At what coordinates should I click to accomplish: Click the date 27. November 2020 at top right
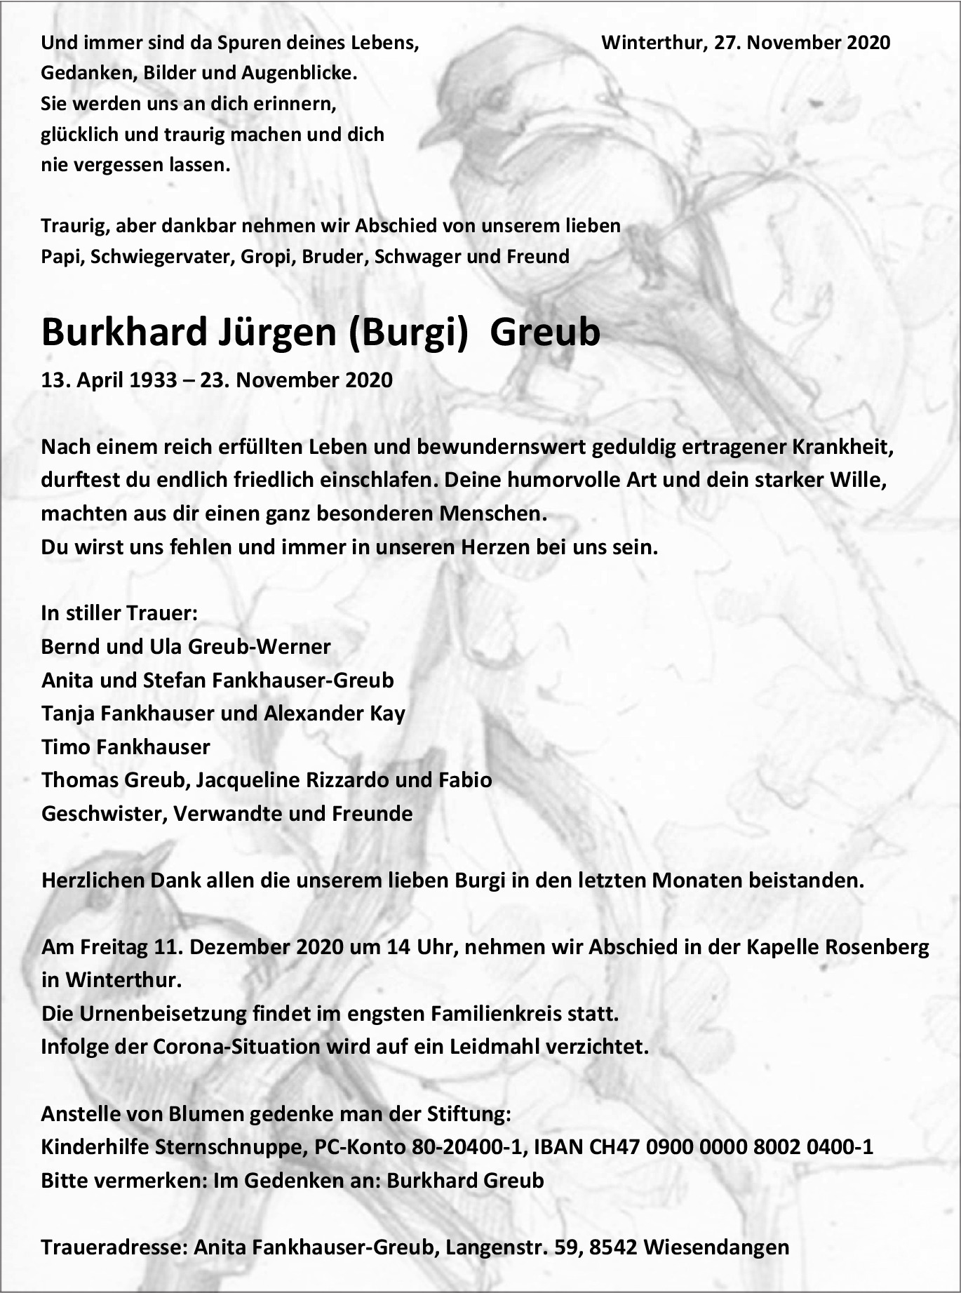point(802,43)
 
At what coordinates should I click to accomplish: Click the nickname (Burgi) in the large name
point(408,332)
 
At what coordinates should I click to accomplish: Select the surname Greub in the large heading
point(545,332)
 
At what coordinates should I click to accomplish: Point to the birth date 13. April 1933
point(109,380)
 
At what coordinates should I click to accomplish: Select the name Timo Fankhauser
point(126,746)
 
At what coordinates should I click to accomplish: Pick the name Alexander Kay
point(335,714)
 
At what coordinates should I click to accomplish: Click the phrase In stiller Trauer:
point(119,613)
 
